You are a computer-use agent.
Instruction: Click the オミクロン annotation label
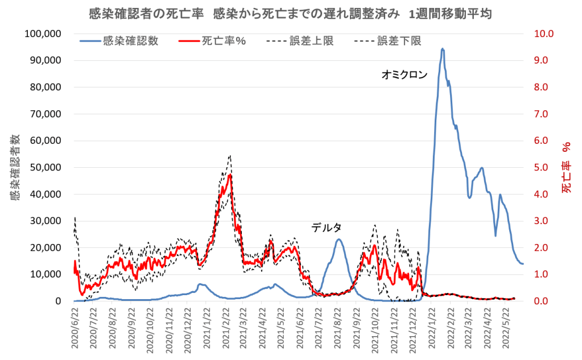(x=404, y=75)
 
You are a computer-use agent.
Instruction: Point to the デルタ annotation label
(x=326, y=228)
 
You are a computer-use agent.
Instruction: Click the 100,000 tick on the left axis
(x=44, y=34)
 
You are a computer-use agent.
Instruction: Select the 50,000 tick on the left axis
(x=46, y=167)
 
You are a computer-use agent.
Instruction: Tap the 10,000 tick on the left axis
(x=46, y=274)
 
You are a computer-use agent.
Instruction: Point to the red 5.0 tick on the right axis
(x=538, y=167)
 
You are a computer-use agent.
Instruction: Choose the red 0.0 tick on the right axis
(x=538, y=301)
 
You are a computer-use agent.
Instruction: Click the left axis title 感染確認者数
(x=15, y=167)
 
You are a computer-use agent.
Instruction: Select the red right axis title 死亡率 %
(x=567, y=167)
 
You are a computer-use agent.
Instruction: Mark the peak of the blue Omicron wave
(x=442, y=49)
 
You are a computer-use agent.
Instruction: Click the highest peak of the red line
(x=230, y=175)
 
